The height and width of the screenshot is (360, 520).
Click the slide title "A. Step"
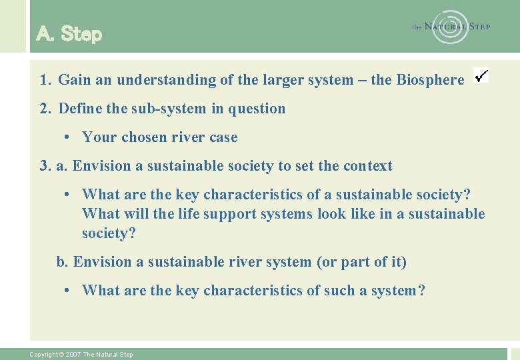point(69,34)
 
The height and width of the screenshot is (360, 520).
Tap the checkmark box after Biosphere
point(481,75)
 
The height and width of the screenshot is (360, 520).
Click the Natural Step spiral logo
point(450,27)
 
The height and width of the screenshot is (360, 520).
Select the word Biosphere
point(430,80)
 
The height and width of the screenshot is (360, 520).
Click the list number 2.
point(45,109)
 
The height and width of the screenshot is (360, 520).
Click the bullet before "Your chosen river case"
point(68,138)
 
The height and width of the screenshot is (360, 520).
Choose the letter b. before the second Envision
point(63,262)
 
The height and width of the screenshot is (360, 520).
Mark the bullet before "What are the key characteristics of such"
point(68,291)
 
